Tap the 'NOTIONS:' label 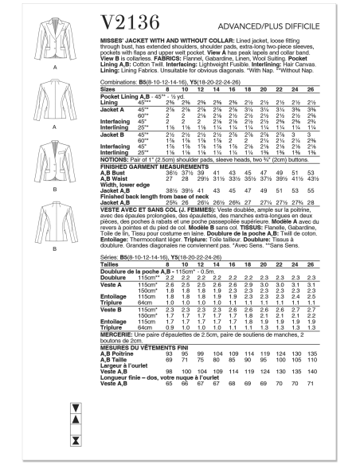116,159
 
